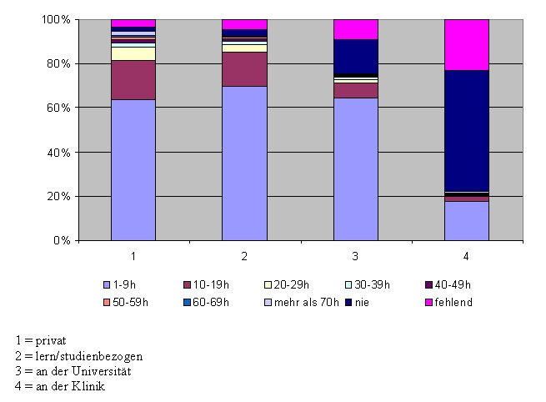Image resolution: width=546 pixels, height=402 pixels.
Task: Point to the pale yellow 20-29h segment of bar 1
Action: coord(133,53)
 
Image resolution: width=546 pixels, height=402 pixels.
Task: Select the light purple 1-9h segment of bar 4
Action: coord(466,220)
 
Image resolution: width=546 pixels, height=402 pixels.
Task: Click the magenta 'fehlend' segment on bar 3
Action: coord(355,29)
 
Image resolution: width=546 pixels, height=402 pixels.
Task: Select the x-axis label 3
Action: coord(355,252)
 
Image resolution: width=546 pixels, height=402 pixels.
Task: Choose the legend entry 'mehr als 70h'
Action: coord(310,301)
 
